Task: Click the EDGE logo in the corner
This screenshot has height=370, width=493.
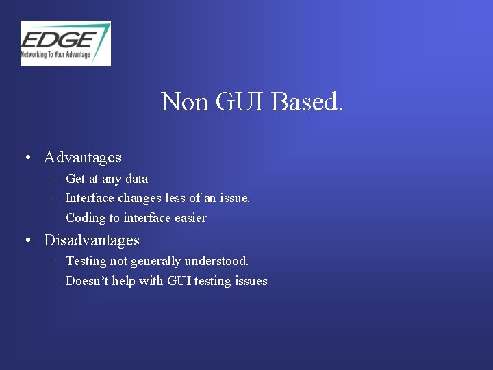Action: (65, 42)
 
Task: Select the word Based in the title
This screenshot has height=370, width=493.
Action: (307, 102)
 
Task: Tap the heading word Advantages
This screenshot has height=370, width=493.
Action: (82, 158)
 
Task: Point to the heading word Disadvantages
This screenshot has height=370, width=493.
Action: (91, 241)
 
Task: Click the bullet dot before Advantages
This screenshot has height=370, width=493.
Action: (27, 158)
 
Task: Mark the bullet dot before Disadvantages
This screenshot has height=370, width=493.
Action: (27, 241)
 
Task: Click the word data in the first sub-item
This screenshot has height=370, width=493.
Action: (136, 179)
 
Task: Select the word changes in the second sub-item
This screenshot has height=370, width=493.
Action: (140, 198)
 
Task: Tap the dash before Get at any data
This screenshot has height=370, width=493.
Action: (53, 180)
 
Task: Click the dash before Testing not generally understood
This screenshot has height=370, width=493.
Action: (53, 262)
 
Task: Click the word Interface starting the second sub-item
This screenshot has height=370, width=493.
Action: (90, 198)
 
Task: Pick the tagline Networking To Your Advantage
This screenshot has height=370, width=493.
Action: (55, 53)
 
